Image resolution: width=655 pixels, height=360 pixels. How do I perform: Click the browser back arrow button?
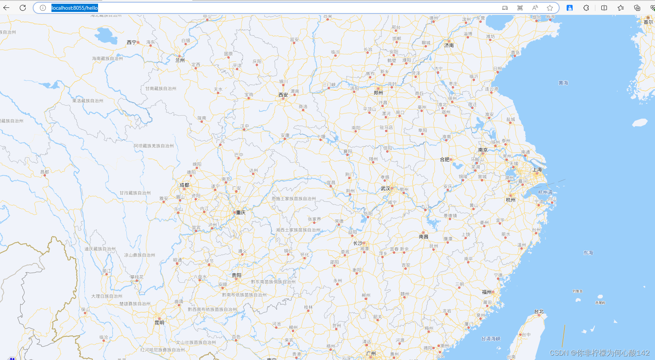6,8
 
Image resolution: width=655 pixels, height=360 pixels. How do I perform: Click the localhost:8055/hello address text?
75,8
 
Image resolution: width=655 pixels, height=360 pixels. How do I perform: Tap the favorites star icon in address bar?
550,8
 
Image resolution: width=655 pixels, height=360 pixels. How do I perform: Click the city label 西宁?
132,43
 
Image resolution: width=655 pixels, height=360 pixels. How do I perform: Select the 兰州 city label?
180,60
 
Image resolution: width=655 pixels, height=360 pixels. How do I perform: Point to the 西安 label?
283,95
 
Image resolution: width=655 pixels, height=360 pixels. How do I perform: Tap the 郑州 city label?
378,93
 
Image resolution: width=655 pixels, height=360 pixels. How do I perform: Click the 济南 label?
449,46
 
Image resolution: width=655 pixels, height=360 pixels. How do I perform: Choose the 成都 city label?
185,185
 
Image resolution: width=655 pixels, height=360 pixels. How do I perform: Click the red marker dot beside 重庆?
234,212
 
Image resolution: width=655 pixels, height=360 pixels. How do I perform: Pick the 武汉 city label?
385,189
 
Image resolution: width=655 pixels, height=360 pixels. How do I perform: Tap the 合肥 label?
445,159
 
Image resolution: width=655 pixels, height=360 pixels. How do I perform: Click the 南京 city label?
483,150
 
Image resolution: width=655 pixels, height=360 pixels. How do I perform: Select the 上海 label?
537,170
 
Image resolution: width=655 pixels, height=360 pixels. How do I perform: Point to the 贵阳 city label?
237,275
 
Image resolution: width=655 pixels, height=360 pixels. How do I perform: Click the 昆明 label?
160,323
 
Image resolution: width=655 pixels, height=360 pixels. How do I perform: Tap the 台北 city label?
539,312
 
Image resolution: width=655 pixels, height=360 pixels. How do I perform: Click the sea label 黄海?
563,83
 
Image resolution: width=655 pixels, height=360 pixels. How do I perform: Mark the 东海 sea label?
588,253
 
